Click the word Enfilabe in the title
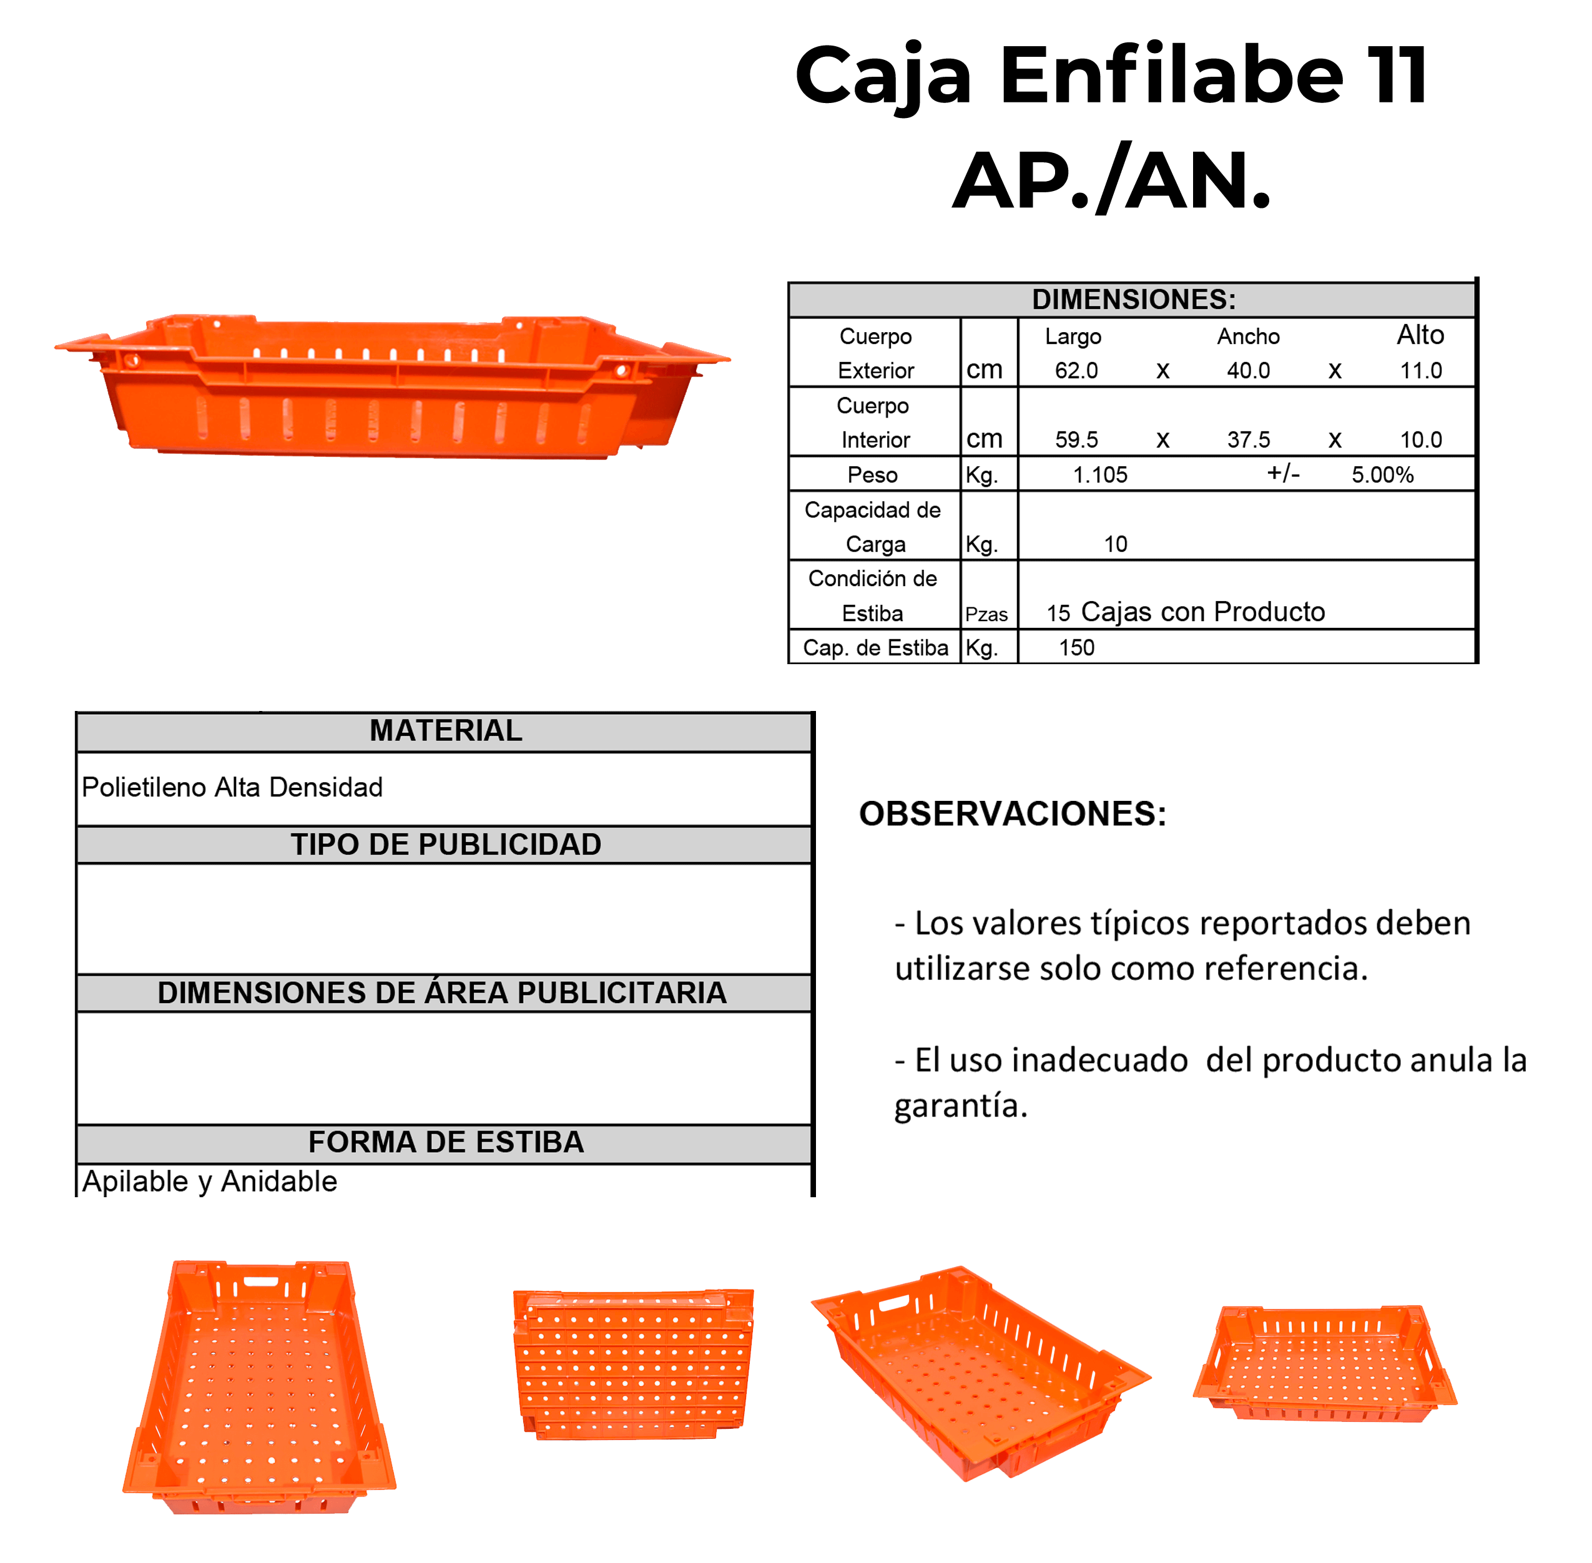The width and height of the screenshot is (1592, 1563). coord(1172,76)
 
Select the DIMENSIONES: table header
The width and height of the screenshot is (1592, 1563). coord(1133,300)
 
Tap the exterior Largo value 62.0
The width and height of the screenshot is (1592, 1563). coord(1076,371)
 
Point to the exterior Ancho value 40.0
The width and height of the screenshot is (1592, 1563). coord(1248,371)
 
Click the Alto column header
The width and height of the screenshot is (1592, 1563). coord(1420,335)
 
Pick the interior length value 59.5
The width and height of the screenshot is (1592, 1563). coord(1076,440)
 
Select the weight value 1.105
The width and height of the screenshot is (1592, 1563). coord(1100,475)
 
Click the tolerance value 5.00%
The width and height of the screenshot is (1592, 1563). coord(1383,475)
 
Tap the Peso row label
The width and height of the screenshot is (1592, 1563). coord(872,475)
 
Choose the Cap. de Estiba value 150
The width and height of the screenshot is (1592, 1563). coord(1076,649)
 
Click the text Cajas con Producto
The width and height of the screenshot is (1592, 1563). coord(1203,612)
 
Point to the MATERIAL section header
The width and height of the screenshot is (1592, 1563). coord(446,730)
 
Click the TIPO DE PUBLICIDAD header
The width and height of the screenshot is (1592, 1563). coord(446,845)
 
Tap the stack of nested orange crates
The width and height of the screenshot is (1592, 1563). coord(633,1363)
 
